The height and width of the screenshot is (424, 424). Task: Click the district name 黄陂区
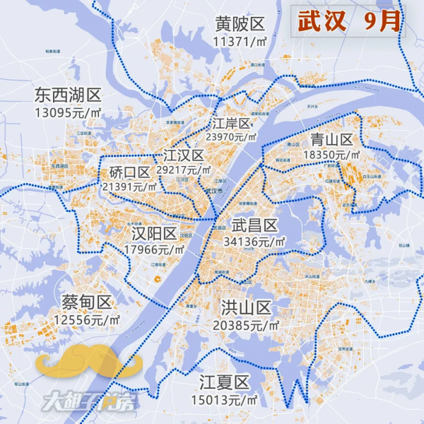[x=240, y=24]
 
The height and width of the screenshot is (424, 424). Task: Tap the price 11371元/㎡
[x=240, y=41]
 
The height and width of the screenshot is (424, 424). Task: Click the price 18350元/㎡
[x=331, y=154]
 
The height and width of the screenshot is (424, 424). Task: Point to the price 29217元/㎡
[x=184, y=170]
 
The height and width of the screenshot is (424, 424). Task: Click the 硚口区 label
[x=130, y=172]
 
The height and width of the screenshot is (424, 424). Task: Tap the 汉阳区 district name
[x=154, y=234]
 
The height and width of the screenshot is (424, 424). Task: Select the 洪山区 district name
[x=246, y=308]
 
